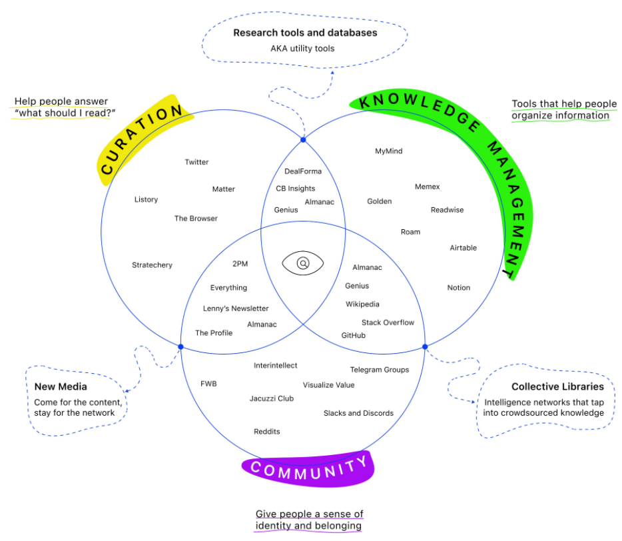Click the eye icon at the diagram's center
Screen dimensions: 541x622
pyautogui.click(x=303, y=263)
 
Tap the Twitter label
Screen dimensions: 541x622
pyautogui.click(x=196, y=162)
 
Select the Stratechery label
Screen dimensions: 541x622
pyautogui.click(x=152, y=265)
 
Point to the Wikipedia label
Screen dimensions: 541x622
pyautogui.click(x=362, y=304)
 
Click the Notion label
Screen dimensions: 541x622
pyautogui.click(x=458, y=288)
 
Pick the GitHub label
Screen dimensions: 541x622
pyautogui.click(x=353, y=335)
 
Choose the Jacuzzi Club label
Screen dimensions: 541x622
pyautogui.click(x=271, y=398)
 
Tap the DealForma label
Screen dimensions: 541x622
pyautogui.click(x=303, y=172)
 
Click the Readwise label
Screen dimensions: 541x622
pyautogui.click(x=447, y=210)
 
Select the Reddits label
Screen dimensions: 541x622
pyautogui.click(x=266, y=432)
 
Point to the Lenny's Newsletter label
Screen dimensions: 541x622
pyautogui.click(x=236, y=308)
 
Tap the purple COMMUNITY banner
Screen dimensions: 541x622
pyautogui.click(x=309, y=468)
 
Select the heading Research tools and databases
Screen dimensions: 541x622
pyautogui.click(x=305, y=33)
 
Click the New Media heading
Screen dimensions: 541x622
pyautogui.click(x=61, y=386)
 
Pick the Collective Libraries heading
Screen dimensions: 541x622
pyautogui.click(x=557, y=386)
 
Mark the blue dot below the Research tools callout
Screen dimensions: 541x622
pyautogui.click(x=303, y=140)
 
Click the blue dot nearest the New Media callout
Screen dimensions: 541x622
pyautogui.click(x=180, y=346)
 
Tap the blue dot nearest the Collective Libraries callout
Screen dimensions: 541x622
pyautogui.click(x=424, y=346)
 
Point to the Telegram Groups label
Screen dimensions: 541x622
pyautogui.click(x=380, y=370)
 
